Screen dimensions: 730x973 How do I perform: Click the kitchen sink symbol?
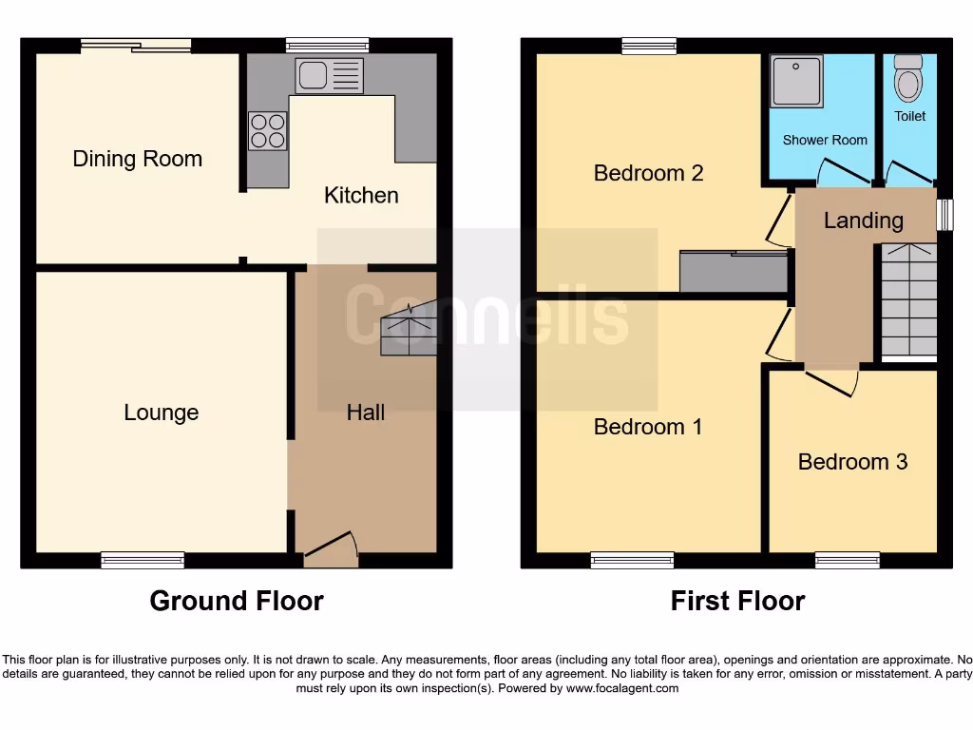pyautogui.click(x=329, y=76)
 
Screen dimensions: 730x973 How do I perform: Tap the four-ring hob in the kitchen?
pyautogui.click(x=268, y=130)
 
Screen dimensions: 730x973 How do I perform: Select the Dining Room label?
pyautogui.click(x=138, y=159)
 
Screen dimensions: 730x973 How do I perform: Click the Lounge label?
pyautogui.click(x=162, y=413)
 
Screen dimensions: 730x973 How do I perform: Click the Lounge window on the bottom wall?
pyautogui.click(x=143, y=561)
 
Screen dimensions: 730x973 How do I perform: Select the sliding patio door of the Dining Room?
pyautogui.click(x=135, y=45)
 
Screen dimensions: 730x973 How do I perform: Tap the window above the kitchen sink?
pyautogui.click(x=327, y=45)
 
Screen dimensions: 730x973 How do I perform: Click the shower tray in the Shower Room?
pyautogui.click(x=797, y=82)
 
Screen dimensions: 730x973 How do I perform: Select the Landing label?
pyautogui.click(x=863, y=221)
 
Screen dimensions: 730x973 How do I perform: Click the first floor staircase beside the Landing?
pyautogui.click(x=909, y=300)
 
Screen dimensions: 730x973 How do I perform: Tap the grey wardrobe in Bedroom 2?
pyautogui.click(x=734, y=271)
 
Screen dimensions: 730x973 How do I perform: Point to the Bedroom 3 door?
pyautogui.click(x=832, y=380)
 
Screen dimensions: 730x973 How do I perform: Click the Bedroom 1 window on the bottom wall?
pyautogui.click(x=632, y=561)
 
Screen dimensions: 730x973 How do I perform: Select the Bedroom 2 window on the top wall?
pyautogui.click(x=650, y=45)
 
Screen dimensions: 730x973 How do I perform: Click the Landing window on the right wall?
pyautogui.click(x=944, y=214)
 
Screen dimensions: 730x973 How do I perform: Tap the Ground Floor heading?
pyautogui.click(x=237, y=601)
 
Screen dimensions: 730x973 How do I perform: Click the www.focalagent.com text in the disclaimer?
pyautogui.click(x=622, y=688)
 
